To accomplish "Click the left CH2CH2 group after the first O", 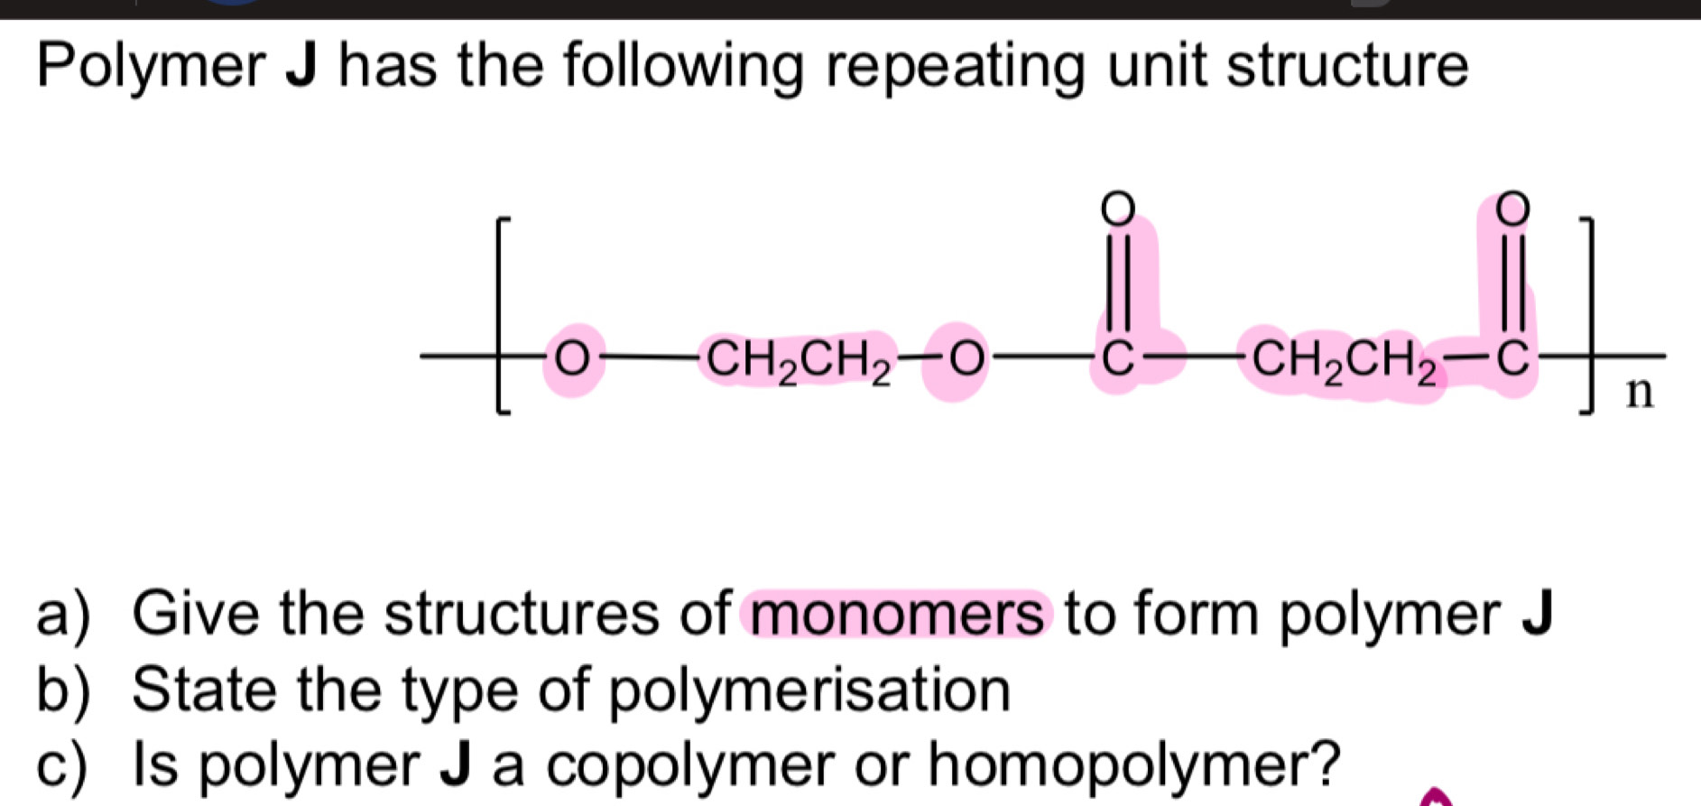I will coord(798,361).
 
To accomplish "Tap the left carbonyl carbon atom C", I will coord(1117,359).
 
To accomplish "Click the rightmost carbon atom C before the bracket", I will coord(1513,358).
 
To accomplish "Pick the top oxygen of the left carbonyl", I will coord(1117,207).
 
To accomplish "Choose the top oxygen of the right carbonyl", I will coord(1513,207).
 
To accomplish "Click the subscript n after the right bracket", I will coord(1640,394).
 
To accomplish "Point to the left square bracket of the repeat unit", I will coord(502,315).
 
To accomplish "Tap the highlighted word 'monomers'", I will coord(897,615).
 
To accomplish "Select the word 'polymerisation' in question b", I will coord(809,690).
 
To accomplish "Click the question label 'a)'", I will coord(63,615).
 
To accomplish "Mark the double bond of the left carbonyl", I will coord(1117,280).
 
